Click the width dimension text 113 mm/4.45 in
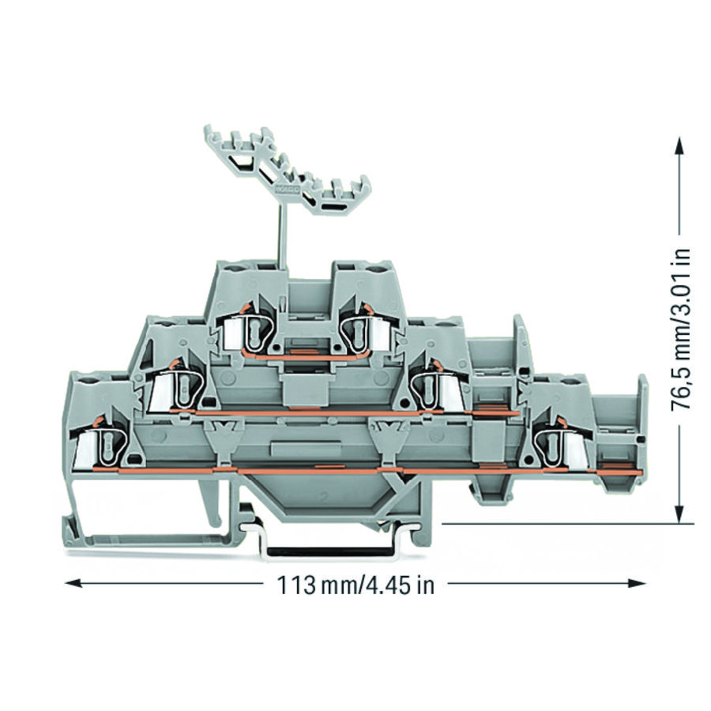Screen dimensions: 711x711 pyautogui.click(x=355, y=585)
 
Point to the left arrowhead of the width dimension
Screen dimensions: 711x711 pyautogui.click(x=73, y=583)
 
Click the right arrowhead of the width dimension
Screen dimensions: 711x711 pyautogui.click(x=637, y=583)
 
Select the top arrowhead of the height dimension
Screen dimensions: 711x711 pyautogui.click(x=679, y=145)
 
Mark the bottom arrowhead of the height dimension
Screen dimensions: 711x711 pyautogui.click(x=679, y=514)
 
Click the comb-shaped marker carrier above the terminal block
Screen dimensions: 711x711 pyautogui.click(x=287, y=169)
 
